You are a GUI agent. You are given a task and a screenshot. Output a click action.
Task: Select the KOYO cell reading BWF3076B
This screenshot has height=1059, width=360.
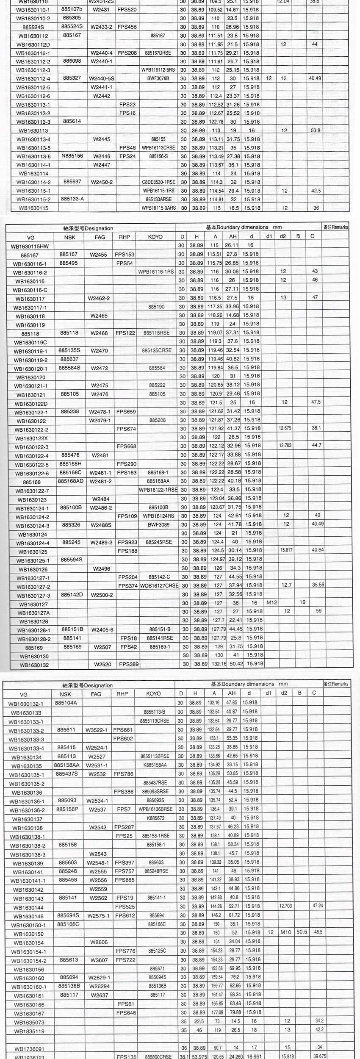click(158, 79)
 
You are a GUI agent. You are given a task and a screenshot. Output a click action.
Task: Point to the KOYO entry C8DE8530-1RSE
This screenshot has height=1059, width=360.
click(158, 182)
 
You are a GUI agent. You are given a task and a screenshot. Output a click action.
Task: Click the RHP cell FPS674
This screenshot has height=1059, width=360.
click(126, 429)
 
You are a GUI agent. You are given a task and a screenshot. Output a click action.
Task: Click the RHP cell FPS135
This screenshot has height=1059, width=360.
click(126, 1056)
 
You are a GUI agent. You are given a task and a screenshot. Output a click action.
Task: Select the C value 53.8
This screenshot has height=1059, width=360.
click(315, 130)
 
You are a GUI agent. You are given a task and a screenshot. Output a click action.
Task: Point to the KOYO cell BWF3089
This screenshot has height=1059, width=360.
click(158, 524)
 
